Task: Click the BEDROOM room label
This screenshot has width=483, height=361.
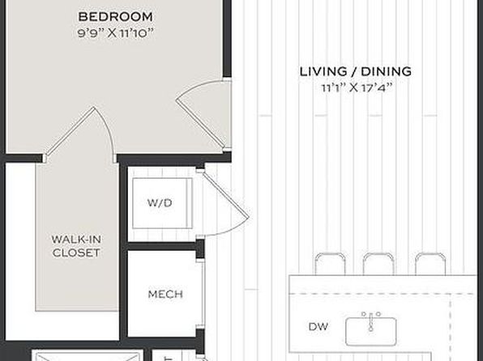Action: [x=116, y=17]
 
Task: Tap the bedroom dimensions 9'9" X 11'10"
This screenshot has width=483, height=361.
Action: [x=116, y=33]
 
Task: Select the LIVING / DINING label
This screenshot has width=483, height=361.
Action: [x=356, y=71]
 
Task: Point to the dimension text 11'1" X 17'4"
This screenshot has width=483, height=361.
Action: [x=357, y=88]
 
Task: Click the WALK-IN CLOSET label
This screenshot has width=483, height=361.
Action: [x=76, y=246]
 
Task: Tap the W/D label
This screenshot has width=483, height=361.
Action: [x=160, y=203]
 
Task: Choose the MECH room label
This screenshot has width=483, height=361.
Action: [x=165, y=294]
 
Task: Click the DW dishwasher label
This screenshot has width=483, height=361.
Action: [x=318, y=326]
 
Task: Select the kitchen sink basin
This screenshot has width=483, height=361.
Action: [x=371, y=331]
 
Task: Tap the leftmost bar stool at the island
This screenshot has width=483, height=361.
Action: [x=330, y=264]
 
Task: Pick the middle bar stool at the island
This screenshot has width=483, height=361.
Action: [x=378, y=264]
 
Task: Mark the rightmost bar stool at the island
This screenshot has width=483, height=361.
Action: [x=430, y=264]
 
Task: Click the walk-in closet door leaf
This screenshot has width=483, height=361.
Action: [x=70, y=132]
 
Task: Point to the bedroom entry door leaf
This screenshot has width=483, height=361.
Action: [x=199, y=123]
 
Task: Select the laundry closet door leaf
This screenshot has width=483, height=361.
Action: [x=225, y=194]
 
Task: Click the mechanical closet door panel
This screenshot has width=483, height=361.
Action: [x=203, y=294]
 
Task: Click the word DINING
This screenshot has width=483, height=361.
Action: [x=387, y=71]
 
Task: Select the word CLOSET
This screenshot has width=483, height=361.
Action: [x=76, y=253]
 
